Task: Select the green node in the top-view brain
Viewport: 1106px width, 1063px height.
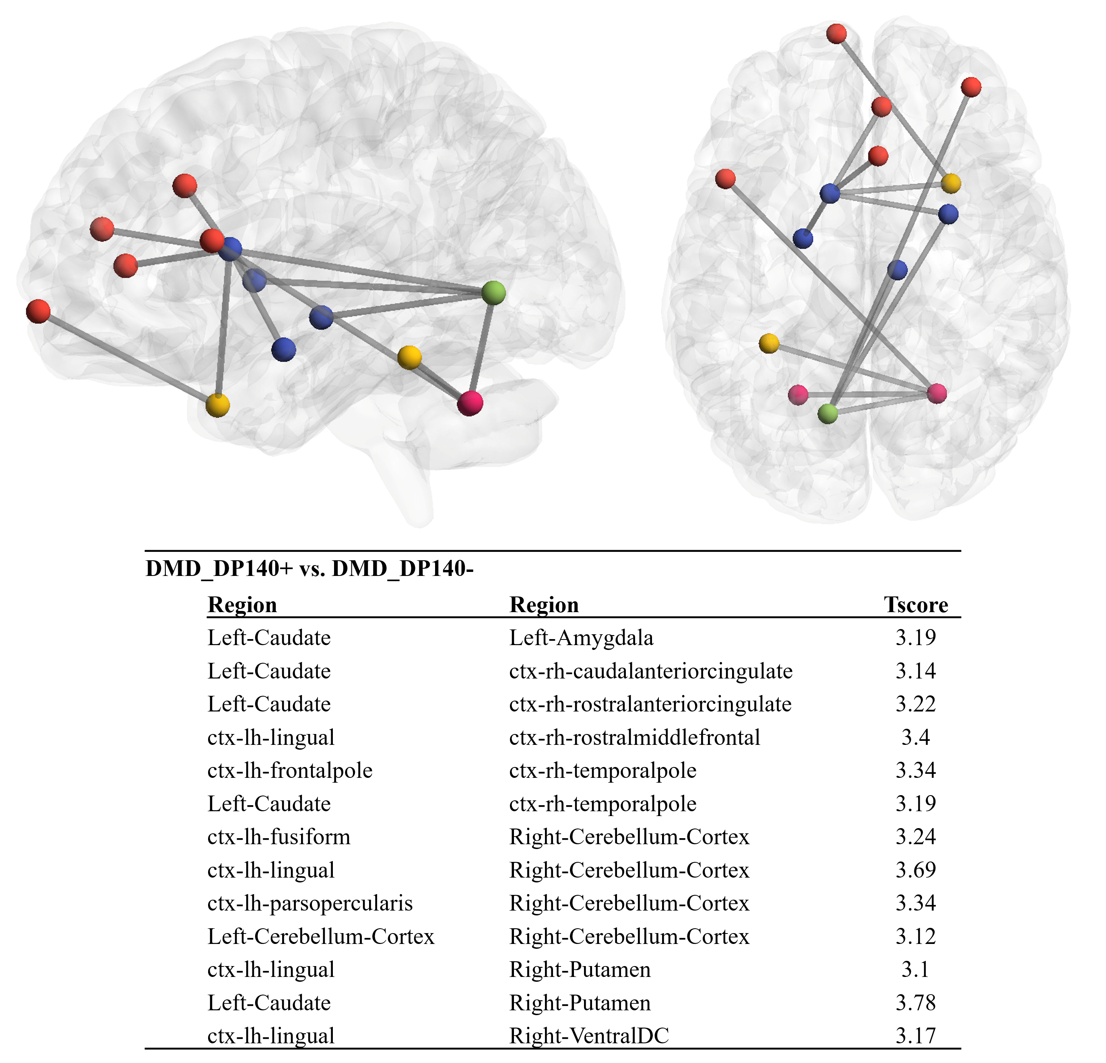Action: point(828,413)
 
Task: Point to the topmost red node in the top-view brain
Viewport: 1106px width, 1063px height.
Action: point(836,34)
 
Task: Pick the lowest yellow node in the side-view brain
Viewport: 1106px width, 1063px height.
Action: point(217,405)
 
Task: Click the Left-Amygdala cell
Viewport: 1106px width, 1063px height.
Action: point(581,638)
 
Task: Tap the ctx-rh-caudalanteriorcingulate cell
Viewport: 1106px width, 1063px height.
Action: point(651,671)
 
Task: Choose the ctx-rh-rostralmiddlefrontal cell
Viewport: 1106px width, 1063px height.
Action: point(635,738)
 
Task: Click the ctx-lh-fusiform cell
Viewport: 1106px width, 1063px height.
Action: point(279,837)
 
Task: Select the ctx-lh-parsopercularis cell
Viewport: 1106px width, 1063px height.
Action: point(310,903)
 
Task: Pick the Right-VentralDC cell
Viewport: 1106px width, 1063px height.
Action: point(589,1036)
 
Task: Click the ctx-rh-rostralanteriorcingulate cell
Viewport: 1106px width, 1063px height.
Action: point(650,704)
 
